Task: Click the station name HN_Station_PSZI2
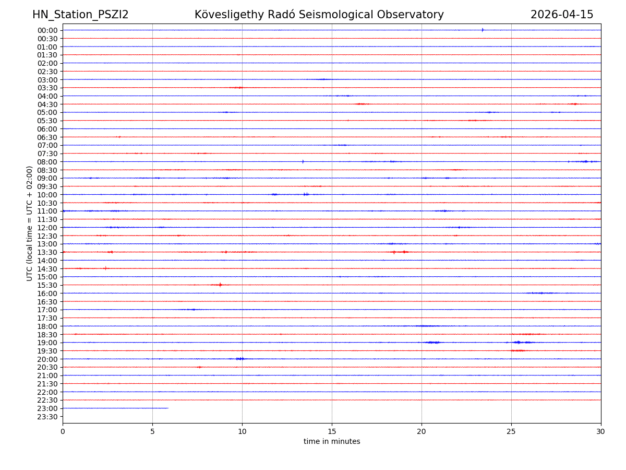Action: (x=80, y=15)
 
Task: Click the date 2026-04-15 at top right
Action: (x=562, y=15)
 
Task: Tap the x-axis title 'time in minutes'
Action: (x=332, y=442)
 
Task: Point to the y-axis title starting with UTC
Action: (x=30, y=223)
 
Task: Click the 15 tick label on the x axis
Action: (x=332, y=432)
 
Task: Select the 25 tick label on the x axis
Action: (x=511, y=432)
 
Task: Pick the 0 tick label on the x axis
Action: (x=63, y=432)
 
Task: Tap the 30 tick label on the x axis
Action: (x=601, y=432)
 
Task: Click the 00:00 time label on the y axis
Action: (x=47, y=30)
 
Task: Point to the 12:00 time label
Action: (x=47, y=228)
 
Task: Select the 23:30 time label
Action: (x=47, y=417)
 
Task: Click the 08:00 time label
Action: (x=47, y=162)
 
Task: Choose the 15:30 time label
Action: (x=47, y=285)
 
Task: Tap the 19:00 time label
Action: (x=47, y=343)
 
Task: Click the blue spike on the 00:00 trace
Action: (x=483, y=30)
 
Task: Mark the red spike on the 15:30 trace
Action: (x=220, y=285)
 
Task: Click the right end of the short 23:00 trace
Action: (x=168, y=408)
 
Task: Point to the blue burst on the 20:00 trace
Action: (x=240, y=359)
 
